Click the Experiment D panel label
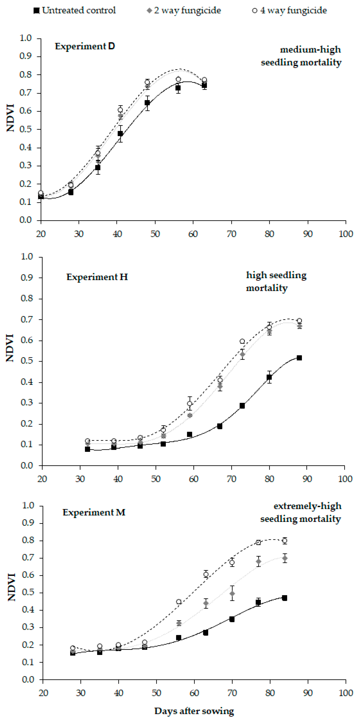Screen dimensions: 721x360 pos(85,46)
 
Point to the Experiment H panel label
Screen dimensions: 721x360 pos(97,277)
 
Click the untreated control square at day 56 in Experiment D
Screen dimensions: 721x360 pos(178,88)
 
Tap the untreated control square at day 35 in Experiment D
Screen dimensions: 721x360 pos(98,168)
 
